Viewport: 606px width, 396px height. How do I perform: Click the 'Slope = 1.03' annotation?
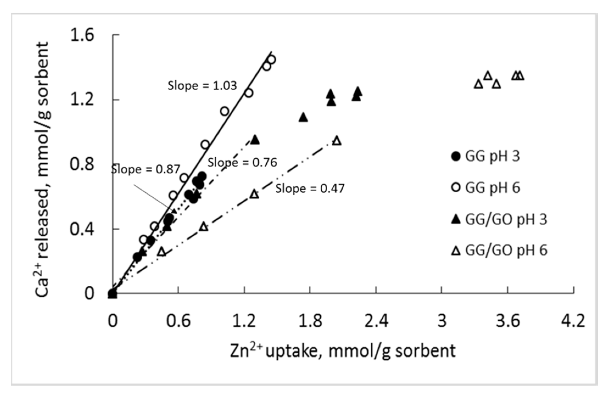click(202, 86)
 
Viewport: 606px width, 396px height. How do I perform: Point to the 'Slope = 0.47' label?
click(310, 189)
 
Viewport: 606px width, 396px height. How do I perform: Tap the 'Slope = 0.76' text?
click(242, 163)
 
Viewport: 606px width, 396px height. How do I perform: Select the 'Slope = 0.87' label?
click(146, 169)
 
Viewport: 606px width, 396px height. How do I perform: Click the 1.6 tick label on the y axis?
click(82, 35)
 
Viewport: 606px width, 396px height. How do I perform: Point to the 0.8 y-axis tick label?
click(82, 164)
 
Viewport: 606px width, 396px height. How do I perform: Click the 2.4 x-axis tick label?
click(376, 321)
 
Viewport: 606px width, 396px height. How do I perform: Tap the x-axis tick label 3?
click(442, 321)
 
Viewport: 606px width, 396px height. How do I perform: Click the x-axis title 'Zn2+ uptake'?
click(343, 351)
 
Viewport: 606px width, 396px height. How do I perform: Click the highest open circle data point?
click(271, 60)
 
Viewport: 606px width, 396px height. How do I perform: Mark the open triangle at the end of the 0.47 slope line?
click(337, 141)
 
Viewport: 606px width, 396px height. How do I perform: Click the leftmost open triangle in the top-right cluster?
click(478, 84)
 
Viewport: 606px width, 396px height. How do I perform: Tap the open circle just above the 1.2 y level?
click(249, 93)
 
